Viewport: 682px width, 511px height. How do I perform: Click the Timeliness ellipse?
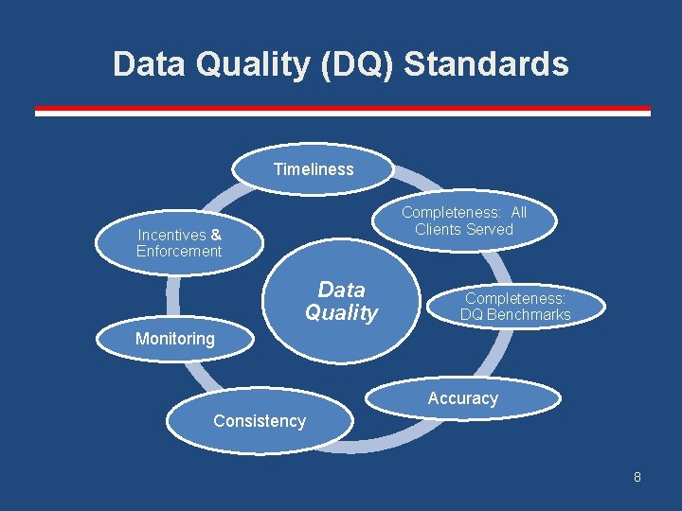coord(314,169)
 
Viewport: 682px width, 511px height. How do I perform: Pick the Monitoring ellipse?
coord(175,339)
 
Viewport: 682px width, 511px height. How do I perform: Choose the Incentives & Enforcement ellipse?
coord(179,243)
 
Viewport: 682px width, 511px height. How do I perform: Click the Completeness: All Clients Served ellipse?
coord(463,221)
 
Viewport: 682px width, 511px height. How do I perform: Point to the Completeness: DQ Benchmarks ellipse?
coord(515,306)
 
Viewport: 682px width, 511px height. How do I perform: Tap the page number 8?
coord(637,477)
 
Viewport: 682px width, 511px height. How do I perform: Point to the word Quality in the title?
coord(247,64)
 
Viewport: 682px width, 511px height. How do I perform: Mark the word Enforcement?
coord(179,252)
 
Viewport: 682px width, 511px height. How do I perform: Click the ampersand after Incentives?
coord(216,235)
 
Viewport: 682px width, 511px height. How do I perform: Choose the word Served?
coord(491,230)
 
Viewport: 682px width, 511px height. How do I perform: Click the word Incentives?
coord(171,235)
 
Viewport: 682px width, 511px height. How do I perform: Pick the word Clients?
coord(438,230)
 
